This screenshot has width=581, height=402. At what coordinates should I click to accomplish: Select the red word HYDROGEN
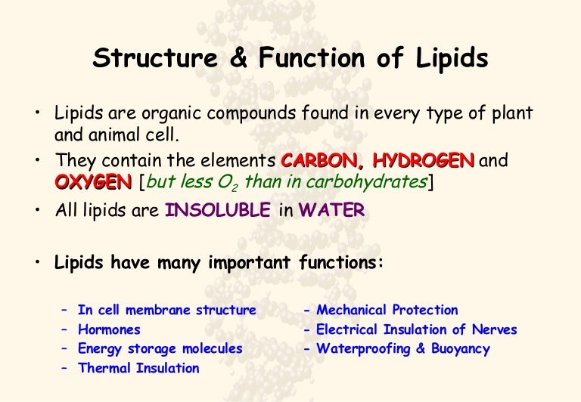click(x=424, y=161)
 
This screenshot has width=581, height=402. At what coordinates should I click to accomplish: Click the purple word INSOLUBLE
click(x=217, y=211)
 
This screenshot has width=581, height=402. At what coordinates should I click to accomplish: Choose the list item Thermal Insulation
click(x=138, y=369)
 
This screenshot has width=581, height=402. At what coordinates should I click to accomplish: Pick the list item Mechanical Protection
click(x=387, y=310)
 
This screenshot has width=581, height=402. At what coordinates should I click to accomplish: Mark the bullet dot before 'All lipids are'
click(x=36, y=211)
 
